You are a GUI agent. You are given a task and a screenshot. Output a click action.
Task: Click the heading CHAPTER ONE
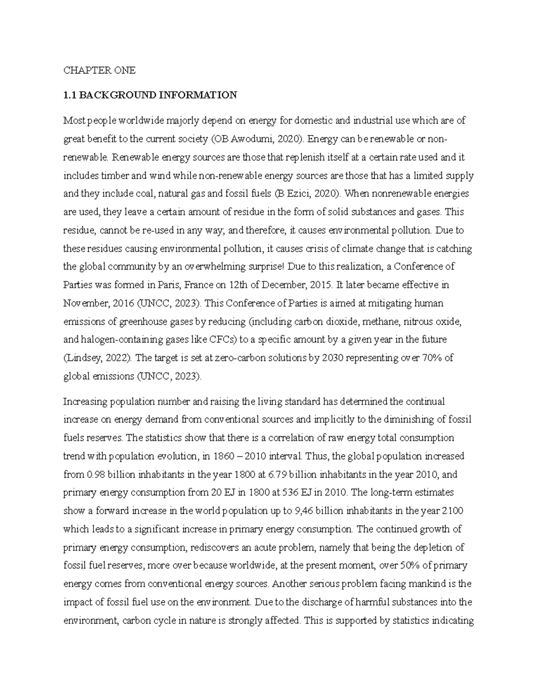tap(99, 71)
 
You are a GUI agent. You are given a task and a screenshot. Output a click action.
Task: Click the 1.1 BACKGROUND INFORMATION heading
tap(150, 95)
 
